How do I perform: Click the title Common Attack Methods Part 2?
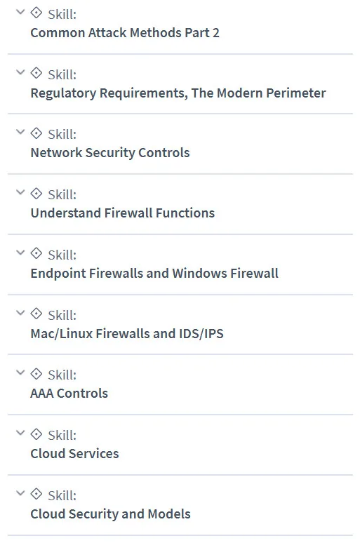(125, 33)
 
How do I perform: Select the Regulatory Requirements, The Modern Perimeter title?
(178, 93)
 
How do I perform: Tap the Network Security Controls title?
(110, 153)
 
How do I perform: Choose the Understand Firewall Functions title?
(123, 213)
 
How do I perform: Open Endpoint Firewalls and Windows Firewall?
(154, 273)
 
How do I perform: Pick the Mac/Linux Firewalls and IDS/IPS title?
(127, 333)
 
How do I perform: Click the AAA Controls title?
(69, 394)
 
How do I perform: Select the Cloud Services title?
(74, 454)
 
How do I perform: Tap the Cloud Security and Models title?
(110, 514)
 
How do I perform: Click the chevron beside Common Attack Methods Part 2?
(21, 12)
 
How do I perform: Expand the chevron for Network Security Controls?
(21, 132)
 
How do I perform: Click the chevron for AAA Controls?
(21, 373)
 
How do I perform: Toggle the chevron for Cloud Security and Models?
(21, 492)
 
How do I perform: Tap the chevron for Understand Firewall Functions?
(21, 192)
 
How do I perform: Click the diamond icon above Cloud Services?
(36, 434)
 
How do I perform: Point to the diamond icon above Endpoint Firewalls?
(36, 253)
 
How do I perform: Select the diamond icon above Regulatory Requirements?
(36, 73)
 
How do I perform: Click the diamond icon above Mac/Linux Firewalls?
(36, 314)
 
